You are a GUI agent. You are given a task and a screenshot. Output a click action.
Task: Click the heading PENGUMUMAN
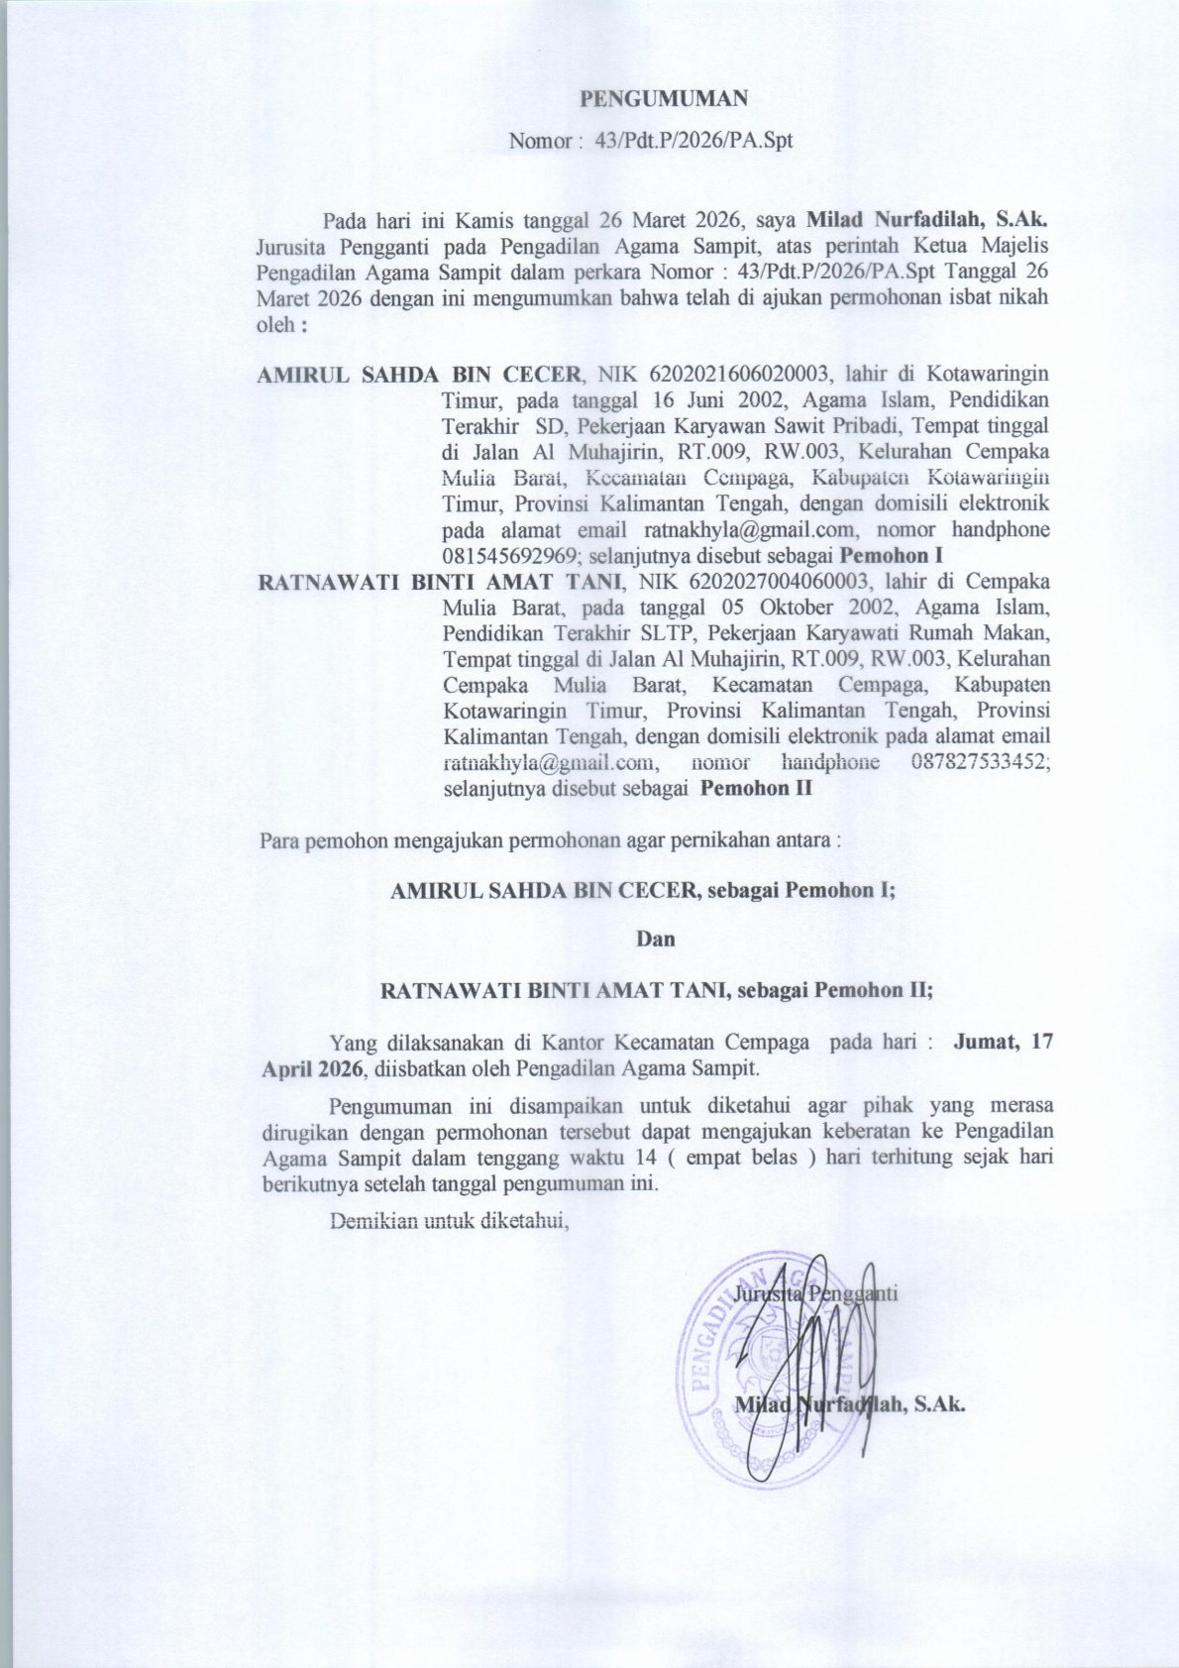point(663,98)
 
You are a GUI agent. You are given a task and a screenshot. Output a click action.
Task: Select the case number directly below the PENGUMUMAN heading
point(694,141)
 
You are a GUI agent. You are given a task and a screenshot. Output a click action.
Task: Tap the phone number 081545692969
point(505,556)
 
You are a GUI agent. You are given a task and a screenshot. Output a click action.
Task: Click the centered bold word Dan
point(655,939)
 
